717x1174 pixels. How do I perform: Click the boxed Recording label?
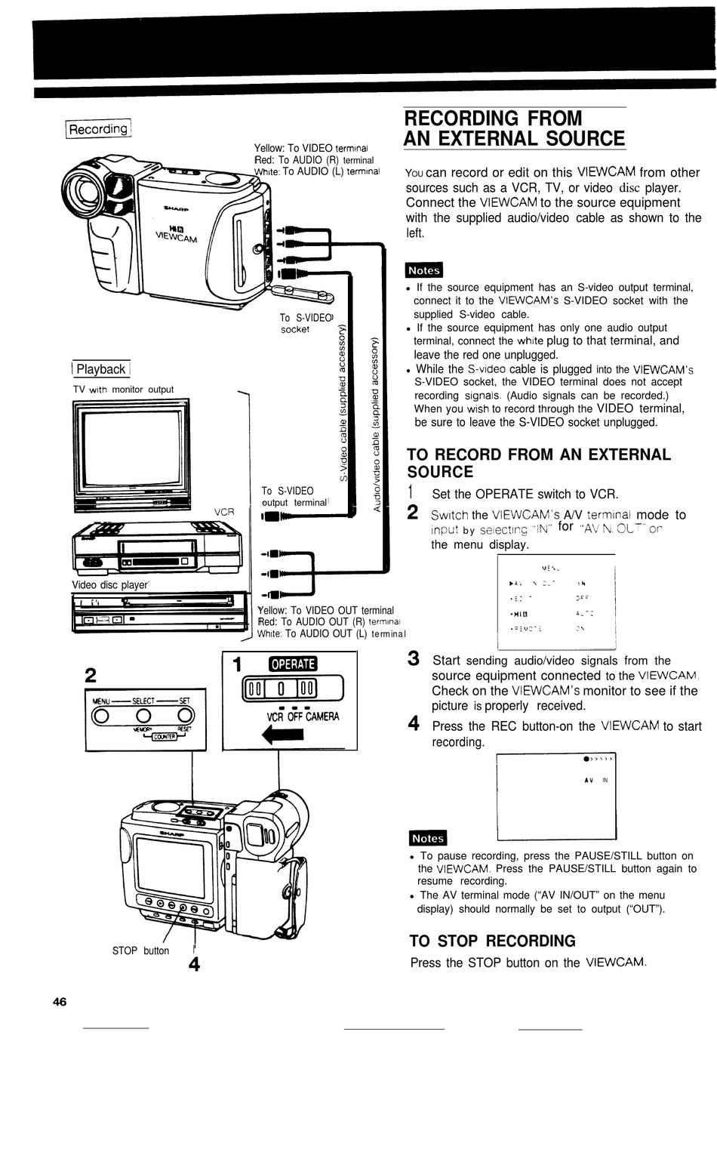[x=98, y=129]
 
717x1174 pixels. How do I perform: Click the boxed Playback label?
[x=101, y=369]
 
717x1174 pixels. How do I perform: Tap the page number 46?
[x=60, y=1002]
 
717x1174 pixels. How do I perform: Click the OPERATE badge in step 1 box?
[x=293, y=664]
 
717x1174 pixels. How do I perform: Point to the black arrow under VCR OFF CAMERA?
[x=281, y=735]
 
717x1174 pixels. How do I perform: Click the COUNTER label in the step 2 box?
[x=165, y=736]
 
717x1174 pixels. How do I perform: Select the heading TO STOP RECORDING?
[x=492, y=941]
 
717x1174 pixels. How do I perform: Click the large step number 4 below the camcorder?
[x=194, y=964]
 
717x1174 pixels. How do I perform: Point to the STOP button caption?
[x=140, y=951]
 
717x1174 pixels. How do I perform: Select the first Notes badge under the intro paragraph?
[x=424, y=270]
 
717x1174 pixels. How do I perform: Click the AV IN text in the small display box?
[x=595, y=780]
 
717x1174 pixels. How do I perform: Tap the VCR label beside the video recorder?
[x=224, y=512]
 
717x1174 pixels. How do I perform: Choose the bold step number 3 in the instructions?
[x=414, y=658]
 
